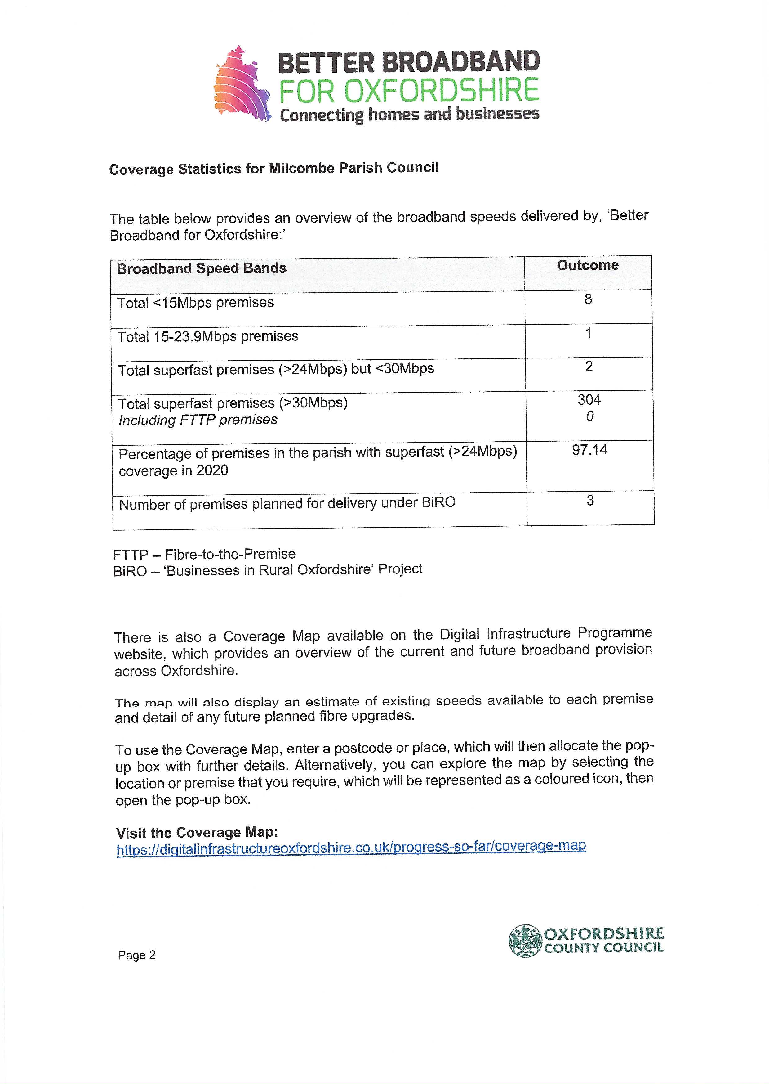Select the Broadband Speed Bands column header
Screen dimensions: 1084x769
(x=202, y=269)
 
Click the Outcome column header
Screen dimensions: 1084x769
(x=588, y=265)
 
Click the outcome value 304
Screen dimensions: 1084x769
(x=589, y=400)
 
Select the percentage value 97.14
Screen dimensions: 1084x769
(x=589, y=450)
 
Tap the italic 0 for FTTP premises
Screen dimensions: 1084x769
(x=589, y=417)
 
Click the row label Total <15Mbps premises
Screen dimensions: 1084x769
(x=195, y=303)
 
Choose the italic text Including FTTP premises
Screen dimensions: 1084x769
(x=198, y=420)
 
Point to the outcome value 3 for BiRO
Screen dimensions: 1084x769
(x=590, y=501)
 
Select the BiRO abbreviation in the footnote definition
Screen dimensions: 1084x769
(x=130, y=571)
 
